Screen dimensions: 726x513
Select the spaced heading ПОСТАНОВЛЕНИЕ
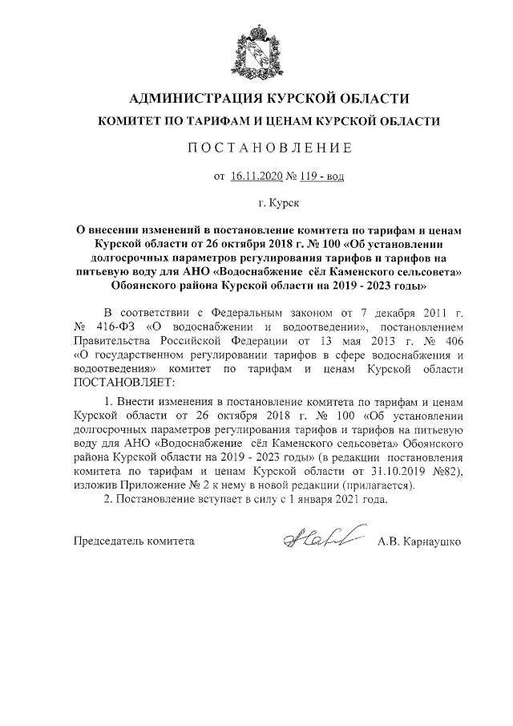click(256, 148)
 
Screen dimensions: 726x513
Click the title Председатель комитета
click(134, 541)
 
